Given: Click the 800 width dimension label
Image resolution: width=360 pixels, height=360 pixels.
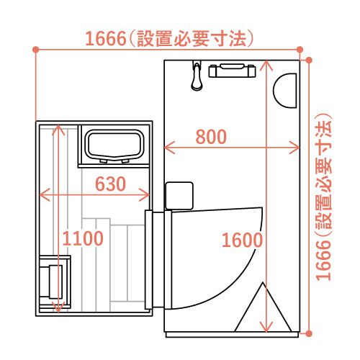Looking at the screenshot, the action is click(211, 137).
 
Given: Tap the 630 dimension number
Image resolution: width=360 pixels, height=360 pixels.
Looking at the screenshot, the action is click(110, 184).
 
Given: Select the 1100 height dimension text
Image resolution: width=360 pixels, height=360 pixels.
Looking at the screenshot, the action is click(83, 238).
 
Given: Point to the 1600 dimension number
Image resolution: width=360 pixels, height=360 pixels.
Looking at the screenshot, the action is click(242, 240).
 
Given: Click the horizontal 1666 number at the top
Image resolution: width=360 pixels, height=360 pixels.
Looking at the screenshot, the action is click(106, 38).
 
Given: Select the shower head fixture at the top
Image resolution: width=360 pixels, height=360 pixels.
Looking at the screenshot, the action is click(197, 76).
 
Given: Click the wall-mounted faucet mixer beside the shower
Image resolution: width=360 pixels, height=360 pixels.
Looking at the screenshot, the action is click(232, 71).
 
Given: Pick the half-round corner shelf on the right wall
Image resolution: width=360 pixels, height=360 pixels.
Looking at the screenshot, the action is click(285, 91).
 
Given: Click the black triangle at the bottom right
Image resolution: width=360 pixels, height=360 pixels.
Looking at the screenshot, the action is click(263, 307).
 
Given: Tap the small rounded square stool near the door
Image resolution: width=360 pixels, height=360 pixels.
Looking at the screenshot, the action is click(179, 196).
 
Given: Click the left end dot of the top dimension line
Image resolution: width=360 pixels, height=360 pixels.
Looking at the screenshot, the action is click(35, 50).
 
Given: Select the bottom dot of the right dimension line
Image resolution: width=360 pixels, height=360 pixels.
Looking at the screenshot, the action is click(309, 333).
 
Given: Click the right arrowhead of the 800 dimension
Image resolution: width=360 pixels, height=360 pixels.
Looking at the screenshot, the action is click(295, 148).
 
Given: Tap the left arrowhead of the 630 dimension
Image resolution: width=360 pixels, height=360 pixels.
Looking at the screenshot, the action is click(44, 194).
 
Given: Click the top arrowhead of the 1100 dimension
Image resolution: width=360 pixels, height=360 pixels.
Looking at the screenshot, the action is click(58, 130).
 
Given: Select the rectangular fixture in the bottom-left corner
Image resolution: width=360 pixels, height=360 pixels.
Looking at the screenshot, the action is click(55, 282).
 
